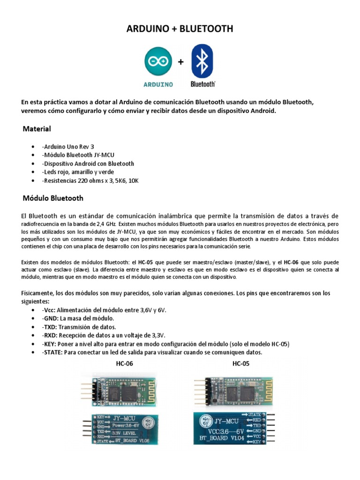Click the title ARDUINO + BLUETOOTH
tap(180, 29)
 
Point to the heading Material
tap(37, 128)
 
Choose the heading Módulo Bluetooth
tap(53, 198)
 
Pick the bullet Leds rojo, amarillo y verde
tap(77, 172)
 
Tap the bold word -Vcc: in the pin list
tap(48, 310)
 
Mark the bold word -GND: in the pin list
tap(50, 318)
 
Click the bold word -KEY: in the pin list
tap(49, 344)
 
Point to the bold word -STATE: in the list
tap(52, 352)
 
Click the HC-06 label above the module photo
tap(125, 363)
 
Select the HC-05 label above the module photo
tap(241, 363)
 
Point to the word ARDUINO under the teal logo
tap(158, 84)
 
